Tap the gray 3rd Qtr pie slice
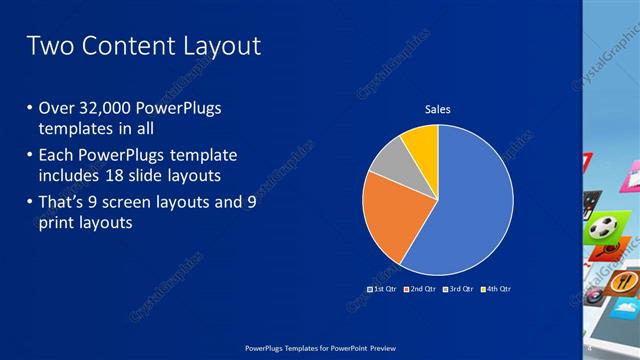391,161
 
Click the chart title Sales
438,108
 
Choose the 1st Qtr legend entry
383,289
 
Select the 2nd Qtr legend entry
420,289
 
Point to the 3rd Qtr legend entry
458,289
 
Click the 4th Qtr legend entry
496,289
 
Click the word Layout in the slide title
216,46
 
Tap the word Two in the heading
48,46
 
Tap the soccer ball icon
602,228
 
